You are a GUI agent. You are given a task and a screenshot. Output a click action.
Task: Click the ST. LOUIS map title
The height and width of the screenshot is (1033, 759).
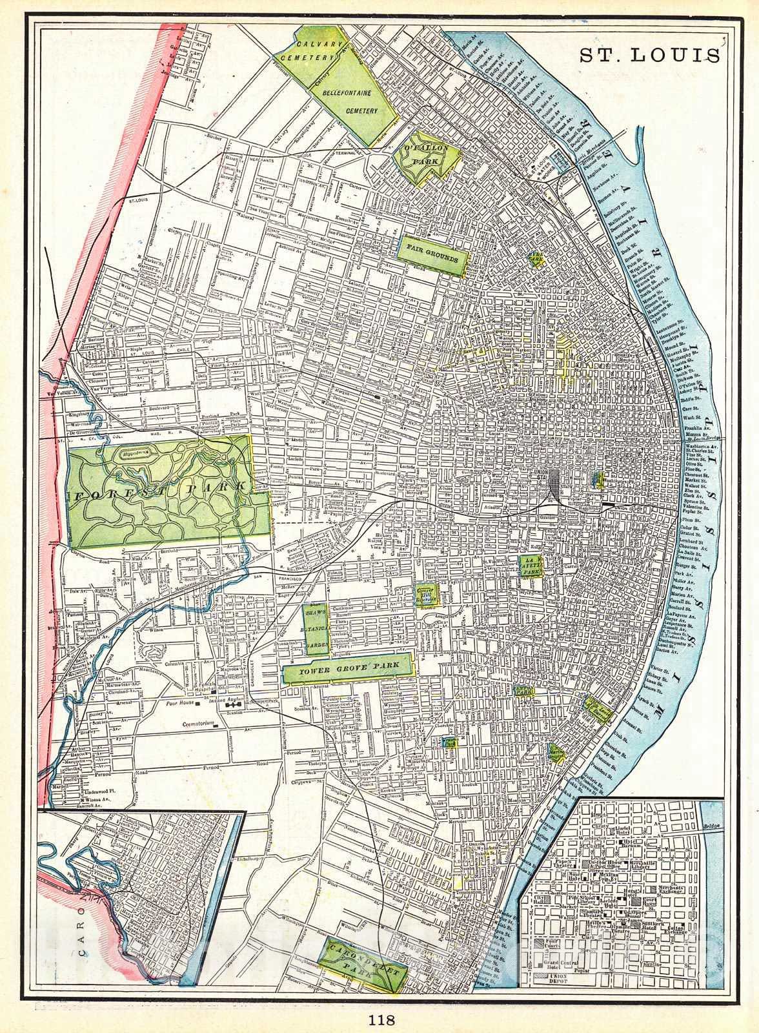pos(649,55)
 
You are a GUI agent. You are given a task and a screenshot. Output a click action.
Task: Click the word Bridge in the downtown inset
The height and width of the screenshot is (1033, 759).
pos(711,826)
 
